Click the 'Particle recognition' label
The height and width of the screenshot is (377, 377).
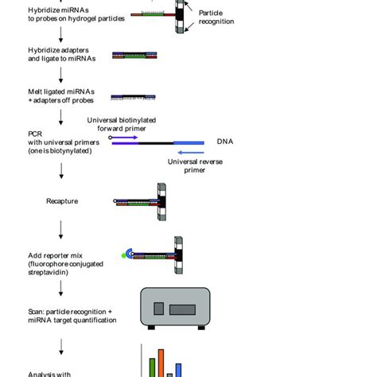[x=216, y=17]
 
